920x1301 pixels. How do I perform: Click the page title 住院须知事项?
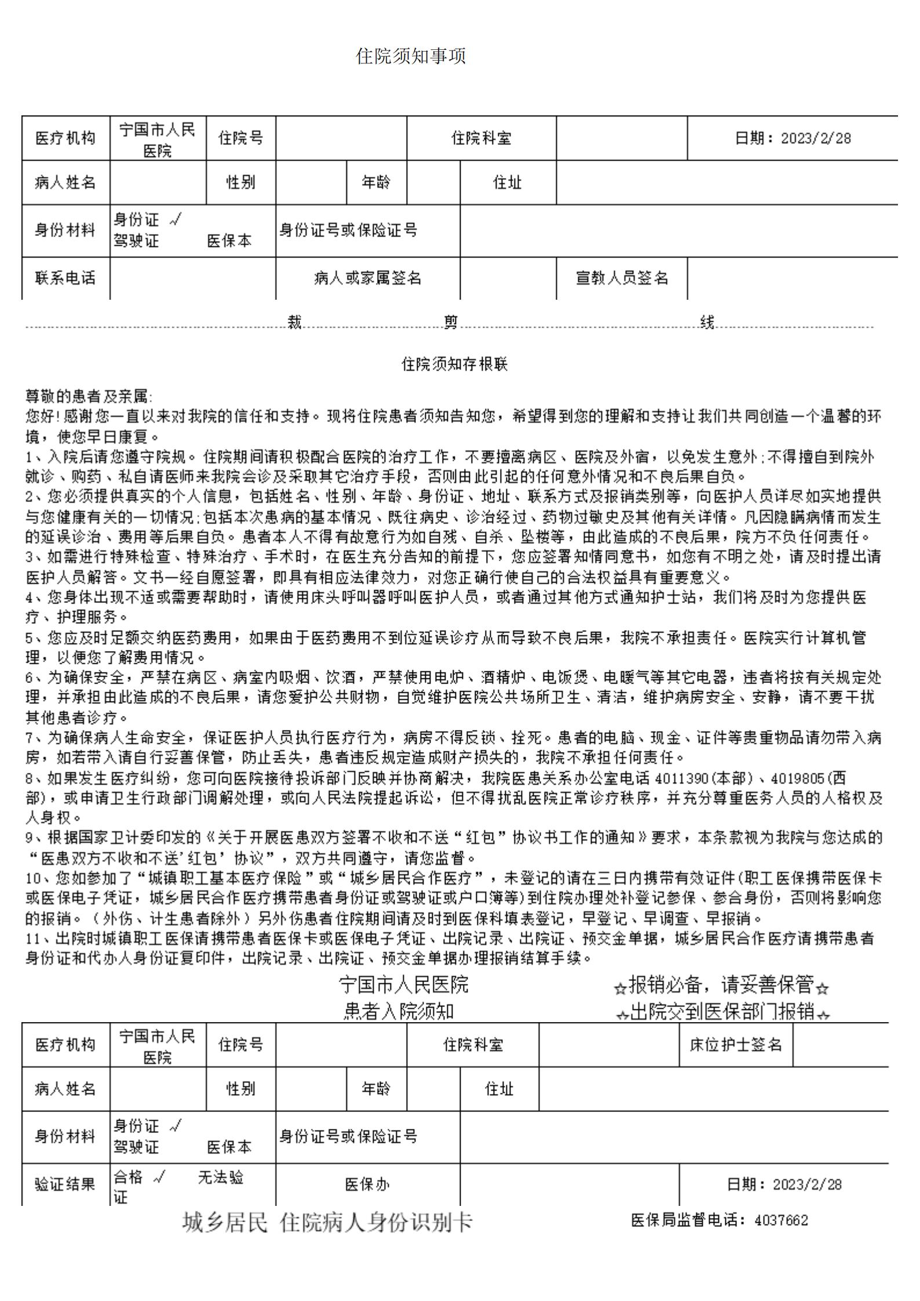(411, 57)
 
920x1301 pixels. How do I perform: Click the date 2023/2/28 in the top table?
(816, 139)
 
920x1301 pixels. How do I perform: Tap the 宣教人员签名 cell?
(622, 278)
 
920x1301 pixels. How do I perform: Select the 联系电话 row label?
(65, 278)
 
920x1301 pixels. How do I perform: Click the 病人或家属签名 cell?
(367, 278)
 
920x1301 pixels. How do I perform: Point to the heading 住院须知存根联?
(455, 364)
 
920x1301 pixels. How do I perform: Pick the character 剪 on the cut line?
(451, 322)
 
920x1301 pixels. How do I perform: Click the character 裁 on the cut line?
(295, 322)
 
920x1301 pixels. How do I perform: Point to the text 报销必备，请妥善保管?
(721, 984)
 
